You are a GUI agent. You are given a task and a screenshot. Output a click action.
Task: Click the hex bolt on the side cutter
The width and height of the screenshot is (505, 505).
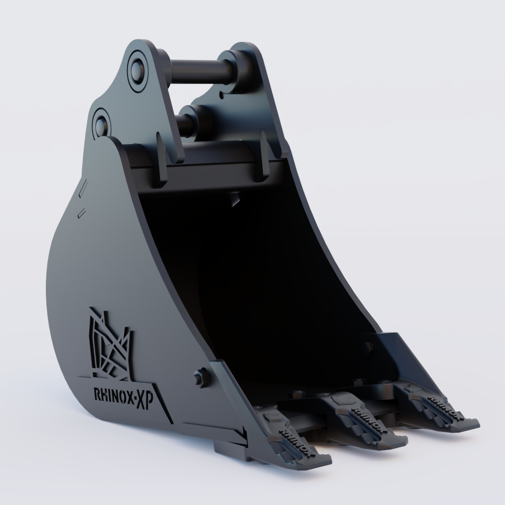pos(200,378)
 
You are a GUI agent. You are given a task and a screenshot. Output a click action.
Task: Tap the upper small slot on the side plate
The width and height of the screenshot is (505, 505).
pos(83,189)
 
